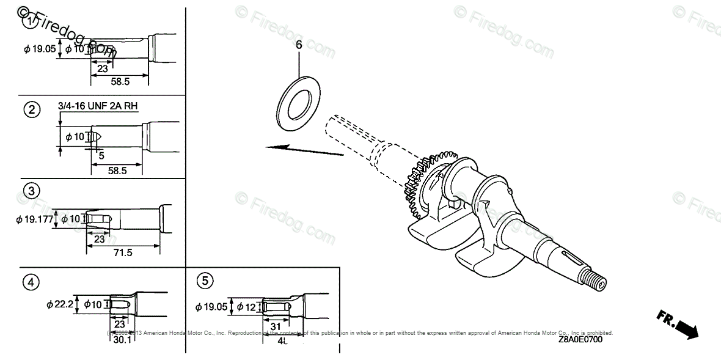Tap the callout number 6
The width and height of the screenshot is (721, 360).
click(299, 45)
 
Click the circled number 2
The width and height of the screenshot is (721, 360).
click(32, 110)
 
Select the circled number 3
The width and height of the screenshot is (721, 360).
click(32, 191)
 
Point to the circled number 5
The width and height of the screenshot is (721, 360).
click(205, 281)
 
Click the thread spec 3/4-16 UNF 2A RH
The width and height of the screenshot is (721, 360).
click(98, 106)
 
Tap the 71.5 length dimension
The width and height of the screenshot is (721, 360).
click(123, 252)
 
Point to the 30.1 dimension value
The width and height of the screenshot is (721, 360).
click(122, 339)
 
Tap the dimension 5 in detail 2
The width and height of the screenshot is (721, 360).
click(101, 155)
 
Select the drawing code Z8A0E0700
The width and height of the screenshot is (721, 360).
click(579, 340)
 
